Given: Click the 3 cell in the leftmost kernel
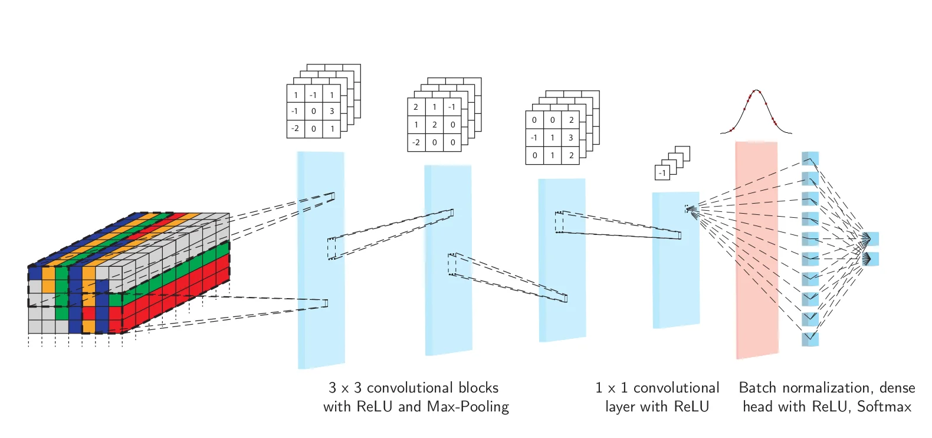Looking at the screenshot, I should click(332, 111).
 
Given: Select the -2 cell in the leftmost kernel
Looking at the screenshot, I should click(295, 128).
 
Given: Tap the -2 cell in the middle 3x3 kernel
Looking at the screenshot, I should click(416, 142).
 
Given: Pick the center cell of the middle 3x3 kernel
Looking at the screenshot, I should click(434, 125).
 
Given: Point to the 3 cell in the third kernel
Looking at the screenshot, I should click(570, 138).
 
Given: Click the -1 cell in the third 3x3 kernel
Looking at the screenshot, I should click(534, 138).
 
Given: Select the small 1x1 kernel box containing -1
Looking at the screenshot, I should click(662, 173).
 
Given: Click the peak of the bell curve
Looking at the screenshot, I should click(756, 91).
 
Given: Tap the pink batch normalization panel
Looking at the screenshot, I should click(756, 248).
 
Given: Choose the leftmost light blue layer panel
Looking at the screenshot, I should click(320, 260).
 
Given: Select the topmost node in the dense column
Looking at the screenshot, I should click(810, 159).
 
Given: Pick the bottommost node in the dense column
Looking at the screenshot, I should click(810, 339).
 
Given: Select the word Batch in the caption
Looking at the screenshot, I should click(758, 388).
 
